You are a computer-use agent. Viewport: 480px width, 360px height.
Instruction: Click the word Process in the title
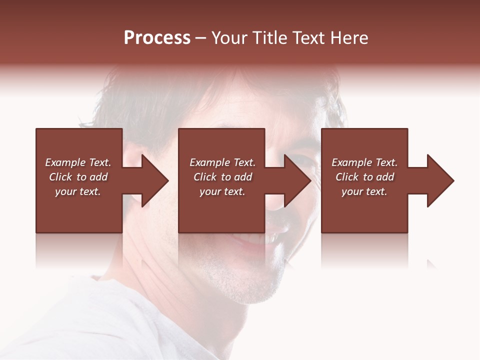(x=157, y=38)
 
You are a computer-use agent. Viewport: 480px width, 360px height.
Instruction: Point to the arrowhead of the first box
(x=153, y=180)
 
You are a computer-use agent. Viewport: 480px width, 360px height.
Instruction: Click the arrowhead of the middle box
(x=295, y=180)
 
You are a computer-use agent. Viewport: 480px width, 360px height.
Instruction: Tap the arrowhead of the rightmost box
(x=438, y=180)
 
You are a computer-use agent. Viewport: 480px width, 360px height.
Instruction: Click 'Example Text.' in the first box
(x=78, y=162)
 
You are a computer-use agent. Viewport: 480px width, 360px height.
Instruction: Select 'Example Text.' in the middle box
(x=222, y=162)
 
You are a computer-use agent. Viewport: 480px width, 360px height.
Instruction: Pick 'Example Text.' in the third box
(x=364, y=162)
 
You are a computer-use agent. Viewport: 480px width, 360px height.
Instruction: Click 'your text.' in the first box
(x=78, y=191)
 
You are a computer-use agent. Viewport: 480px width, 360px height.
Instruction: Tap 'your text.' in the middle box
(x=222, y=191)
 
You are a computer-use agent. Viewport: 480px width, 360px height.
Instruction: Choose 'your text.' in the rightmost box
(x=364, y=191)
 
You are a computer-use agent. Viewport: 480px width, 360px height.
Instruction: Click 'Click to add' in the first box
(x=78, y=177)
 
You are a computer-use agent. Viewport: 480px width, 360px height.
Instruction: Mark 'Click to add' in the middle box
(x=222, y=177)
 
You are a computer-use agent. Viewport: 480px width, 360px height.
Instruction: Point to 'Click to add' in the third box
(x=364, y=177)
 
